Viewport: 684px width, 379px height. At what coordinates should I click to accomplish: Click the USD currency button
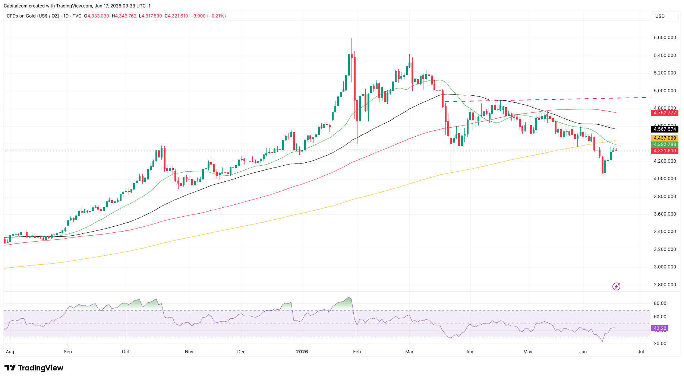pos(665,16)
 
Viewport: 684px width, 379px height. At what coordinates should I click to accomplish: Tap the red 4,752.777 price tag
pos(665,113)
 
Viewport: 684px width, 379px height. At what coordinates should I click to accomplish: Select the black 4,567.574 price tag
pos(665,129)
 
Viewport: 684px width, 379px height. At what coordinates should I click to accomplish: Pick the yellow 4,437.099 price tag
pos(665,138)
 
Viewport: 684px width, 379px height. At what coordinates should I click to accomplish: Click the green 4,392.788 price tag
pos(665,144)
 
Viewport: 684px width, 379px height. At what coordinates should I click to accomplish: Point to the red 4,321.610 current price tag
pos(665,151)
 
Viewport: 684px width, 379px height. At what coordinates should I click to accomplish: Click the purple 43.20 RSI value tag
pos(660,328)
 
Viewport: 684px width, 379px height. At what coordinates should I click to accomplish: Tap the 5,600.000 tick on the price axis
pos(665,38)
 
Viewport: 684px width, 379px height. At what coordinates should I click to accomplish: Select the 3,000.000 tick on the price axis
pos(665,267)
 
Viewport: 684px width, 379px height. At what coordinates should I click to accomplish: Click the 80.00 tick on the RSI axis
pos(660,303)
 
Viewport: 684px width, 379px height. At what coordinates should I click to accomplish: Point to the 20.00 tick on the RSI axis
pos(660,344)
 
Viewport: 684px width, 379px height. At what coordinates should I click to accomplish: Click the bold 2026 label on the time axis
pos(302,352)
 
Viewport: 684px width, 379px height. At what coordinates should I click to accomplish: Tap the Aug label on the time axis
pos(10,352)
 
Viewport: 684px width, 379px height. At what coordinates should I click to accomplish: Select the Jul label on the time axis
pos(641,352)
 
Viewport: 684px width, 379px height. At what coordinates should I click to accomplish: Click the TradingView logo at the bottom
pos(34,368)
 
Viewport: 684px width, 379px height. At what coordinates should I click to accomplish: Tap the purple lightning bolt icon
pos(616,286)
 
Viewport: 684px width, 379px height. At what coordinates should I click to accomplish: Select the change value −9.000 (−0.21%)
pos(208,16)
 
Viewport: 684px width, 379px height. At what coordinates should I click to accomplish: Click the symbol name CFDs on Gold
pos(20,16)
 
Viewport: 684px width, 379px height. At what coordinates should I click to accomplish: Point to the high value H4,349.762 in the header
pos(124,16)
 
